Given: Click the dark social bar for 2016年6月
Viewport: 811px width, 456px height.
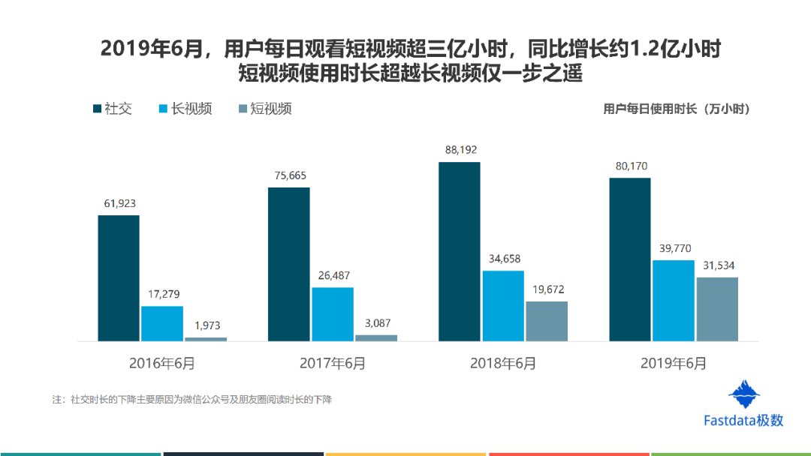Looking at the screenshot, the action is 119,277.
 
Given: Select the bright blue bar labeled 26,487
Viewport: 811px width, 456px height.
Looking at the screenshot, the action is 333,314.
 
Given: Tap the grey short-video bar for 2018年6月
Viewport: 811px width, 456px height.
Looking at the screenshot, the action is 547,321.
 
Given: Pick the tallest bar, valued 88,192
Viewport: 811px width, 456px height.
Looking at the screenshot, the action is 460,251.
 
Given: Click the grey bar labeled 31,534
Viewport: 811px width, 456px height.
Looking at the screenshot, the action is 717,309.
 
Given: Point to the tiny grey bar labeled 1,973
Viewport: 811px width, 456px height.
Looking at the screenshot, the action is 206,339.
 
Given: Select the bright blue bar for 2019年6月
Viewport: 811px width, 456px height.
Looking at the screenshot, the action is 674,301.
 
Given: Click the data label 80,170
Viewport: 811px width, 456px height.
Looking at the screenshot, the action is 631,166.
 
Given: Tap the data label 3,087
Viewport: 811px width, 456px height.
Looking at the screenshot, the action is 378,323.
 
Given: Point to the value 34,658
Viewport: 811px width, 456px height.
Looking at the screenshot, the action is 505,259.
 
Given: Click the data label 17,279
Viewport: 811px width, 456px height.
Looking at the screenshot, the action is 164,294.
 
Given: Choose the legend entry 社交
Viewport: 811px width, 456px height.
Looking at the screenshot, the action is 113,109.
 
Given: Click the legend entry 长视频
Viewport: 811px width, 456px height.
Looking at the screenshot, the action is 185,109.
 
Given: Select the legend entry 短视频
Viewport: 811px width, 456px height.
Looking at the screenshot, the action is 265,109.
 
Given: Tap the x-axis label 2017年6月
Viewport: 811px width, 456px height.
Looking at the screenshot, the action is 333,364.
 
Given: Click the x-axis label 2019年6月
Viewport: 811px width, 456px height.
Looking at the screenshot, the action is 674,364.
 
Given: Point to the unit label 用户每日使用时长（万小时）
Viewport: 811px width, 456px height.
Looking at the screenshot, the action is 676,109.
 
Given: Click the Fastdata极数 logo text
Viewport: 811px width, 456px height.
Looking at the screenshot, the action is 743,420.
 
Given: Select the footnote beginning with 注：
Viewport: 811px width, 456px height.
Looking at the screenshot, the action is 192,400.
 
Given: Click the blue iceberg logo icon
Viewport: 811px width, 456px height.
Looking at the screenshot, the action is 743,394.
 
